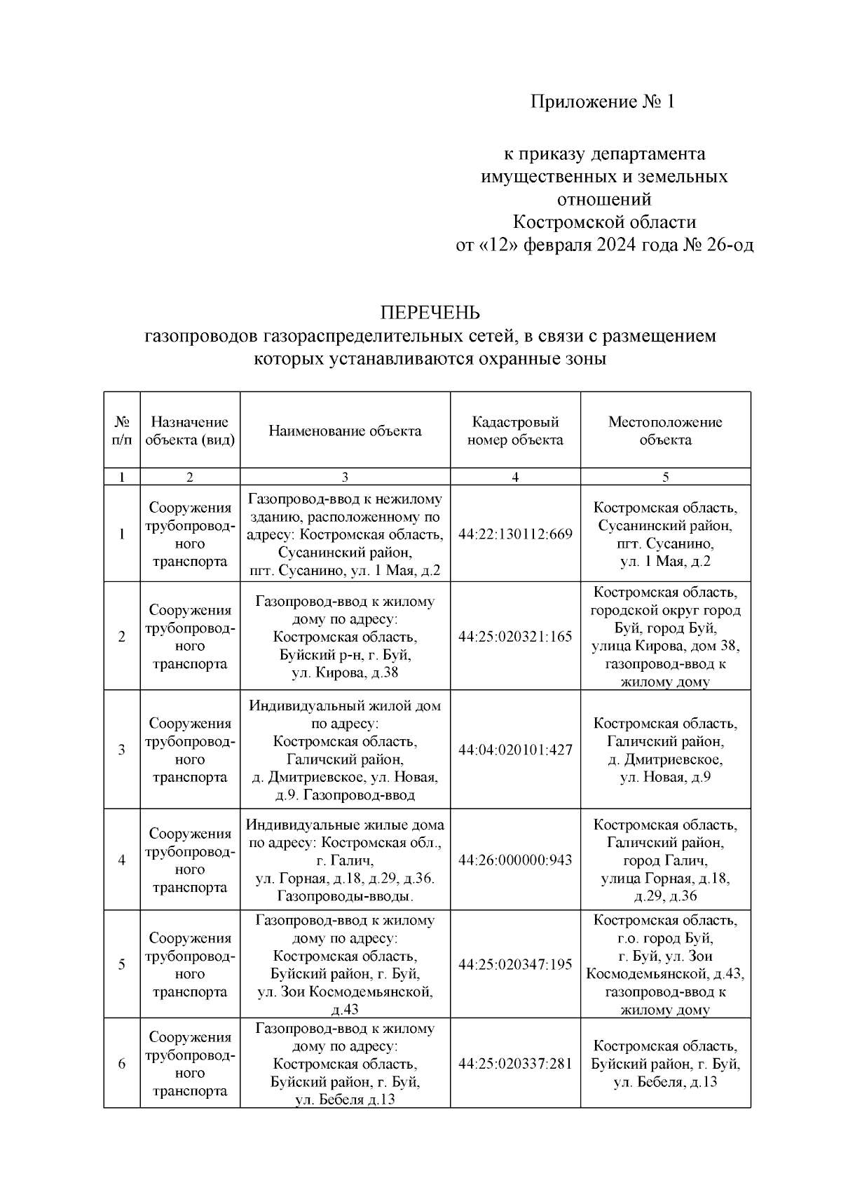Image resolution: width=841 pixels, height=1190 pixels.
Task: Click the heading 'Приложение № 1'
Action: click(602, 102)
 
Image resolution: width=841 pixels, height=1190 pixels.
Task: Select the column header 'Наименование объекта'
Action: click(345, 431)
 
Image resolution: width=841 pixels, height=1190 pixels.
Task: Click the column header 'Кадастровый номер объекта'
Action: click(515, 431)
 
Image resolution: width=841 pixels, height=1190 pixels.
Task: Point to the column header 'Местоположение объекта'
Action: click(665, 431)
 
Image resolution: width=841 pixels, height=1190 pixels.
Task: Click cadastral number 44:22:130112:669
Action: click(515, 534)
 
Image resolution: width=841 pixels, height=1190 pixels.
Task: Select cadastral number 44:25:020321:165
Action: click(515, 637)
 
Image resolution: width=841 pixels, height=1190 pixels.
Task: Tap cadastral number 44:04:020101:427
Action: click(515, 750)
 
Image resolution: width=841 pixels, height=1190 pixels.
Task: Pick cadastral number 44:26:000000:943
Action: click(515, 860)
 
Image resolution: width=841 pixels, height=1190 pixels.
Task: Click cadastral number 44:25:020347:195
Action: click(515, 965)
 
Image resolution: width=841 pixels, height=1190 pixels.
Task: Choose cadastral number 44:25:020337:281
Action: click(515, 1064)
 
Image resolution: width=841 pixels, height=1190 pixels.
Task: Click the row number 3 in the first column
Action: click(122, 750)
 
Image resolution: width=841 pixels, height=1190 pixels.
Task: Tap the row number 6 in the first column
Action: click(122, 1064)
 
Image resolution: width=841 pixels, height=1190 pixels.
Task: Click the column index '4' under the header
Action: click(515, 477)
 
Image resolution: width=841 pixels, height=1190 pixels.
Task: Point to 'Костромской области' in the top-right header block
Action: click(604, 222)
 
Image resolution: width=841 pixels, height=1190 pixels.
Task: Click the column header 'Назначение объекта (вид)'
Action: click(189, 431)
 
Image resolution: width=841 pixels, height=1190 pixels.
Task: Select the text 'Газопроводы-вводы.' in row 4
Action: click(345, 896)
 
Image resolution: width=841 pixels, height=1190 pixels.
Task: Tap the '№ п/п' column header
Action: click(122, 431)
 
